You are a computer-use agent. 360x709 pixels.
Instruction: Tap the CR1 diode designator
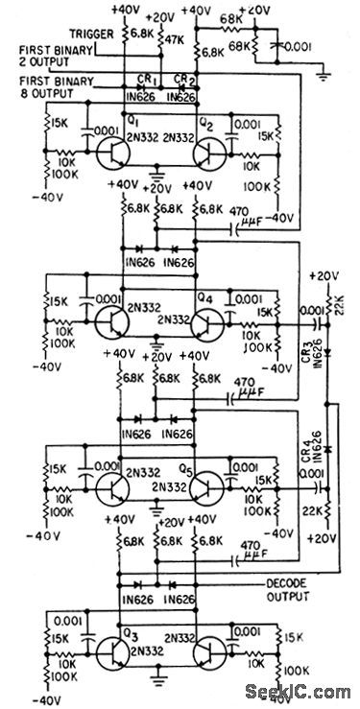pos(148,80)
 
